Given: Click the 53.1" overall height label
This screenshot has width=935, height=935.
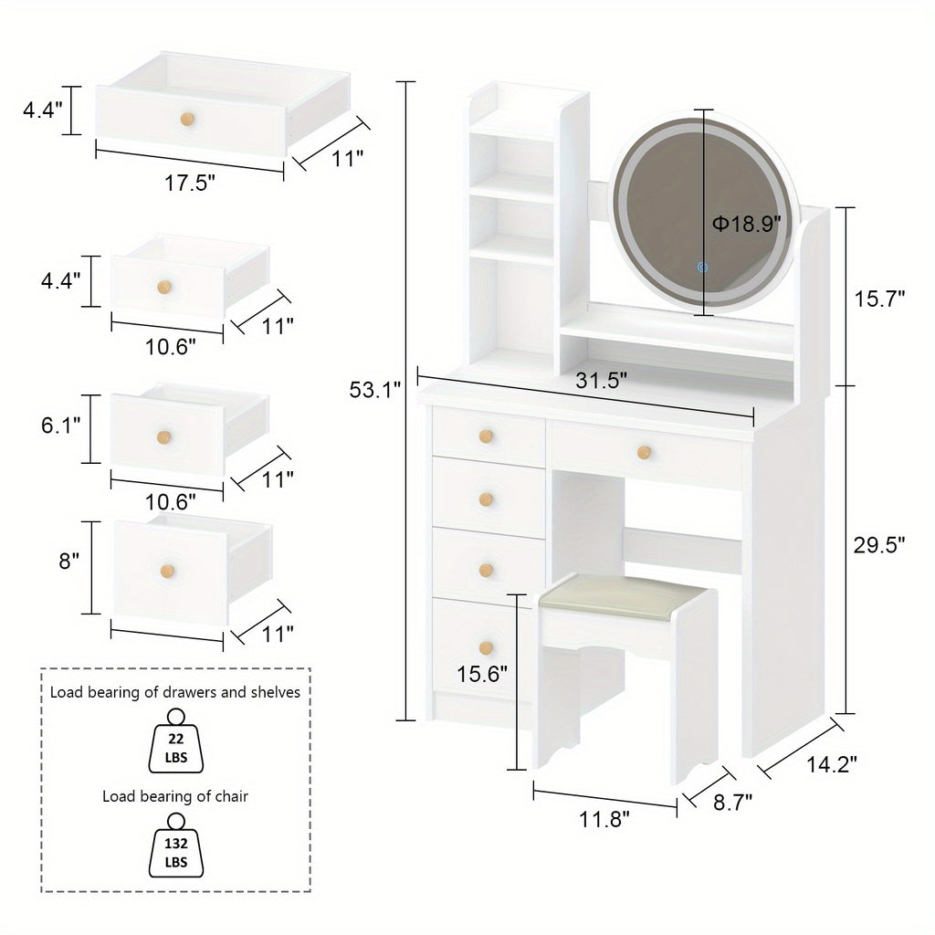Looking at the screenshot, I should [x=375, y=390].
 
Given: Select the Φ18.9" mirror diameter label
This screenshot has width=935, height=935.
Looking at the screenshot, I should [x=747, y=224].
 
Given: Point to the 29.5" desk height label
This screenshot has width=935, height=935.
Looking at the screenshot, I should [x=879, y=545].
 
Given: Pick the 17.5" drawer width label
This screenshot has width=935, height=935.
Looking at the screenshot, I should [x=190, y=183].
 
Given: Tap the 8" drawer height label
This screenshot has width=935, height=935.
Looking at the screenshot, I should [x=69, y=562].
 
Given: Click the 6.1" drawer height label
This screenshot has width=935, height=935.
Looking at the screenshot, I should [x=60, y=425].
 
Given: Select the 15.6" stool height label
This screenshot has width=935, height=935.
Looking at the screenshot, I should [x=483, y=674].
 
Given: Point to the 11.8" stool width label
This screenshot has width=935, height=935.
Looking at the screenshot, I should [x=604, y=819].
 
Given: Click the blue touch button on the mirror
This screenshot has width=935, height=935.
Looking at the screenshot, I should [x=702, y=268].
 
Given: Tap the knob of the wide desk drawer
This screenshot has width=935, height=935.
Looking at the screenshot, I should [x=644, y=451].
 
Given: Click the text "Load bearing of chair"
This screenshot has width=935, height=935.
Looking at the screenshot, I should [x=175, y=796].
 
